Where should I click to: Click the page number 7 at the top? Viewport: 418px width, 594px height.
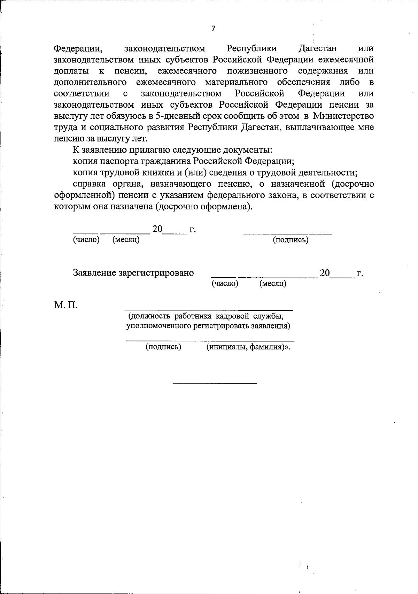tap(213, 29)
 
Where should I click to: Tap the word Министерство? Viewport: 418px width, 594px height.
tap(344, 116)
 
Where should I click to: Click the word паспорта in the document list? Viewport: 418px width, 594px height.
tap(119, 161)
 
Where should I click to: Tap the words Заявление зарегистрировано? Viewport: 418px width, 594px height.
tap(133, 273)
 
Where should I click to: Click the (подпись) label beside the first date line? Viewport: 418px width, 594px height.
tap(291, 240)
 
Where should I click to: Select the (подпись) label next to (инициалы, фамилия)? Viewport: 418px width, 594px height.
tap(163, 347)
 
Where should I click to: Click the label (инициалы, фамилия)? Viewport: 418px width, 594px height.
tap(248, 347)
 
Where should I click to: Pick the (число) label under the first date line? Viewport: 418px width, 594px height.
tap(86, 240)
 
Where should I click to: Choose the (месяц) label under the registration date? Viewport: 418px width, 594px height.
tap(273, 284)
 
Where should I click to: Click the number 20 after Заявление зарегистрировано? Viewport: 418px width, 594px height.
tap(325, 273)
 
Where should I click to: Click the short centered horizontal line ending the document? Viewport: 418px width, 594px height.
tap(215, 383)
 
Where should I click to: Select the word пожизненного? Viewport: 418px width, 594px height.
tap(257, 71)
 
